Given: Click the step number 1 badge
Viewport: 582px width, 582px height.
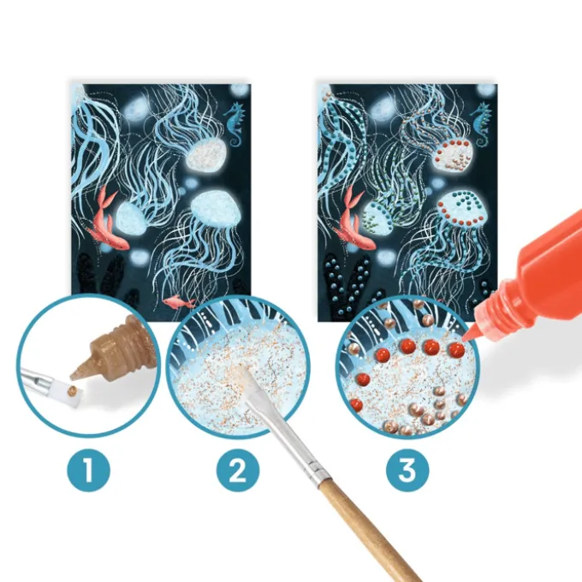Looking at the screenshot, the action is click(88, 470).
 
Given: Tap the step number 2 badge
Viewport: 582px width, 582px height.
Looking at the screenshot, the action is click(238, 470).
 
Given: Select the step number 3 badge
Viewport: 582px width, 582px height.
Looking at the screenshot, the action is click(407, 470).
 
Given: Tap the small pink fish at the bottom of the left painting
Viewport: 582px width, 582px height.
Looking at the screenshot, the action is click(179, 301).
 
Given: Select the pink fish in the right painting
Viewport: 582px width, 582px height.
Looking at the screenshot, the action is click(353, 219).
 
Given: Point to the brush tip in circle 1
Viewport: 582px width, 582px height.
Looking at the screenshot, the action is click(73, 395).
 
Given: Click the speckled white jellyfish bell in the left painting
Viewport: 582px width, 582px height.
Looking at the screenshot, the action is click(205, 152).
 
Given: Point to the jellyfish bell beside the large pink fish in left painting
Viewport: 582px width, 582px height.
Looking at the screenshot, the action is click(131, 218).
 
